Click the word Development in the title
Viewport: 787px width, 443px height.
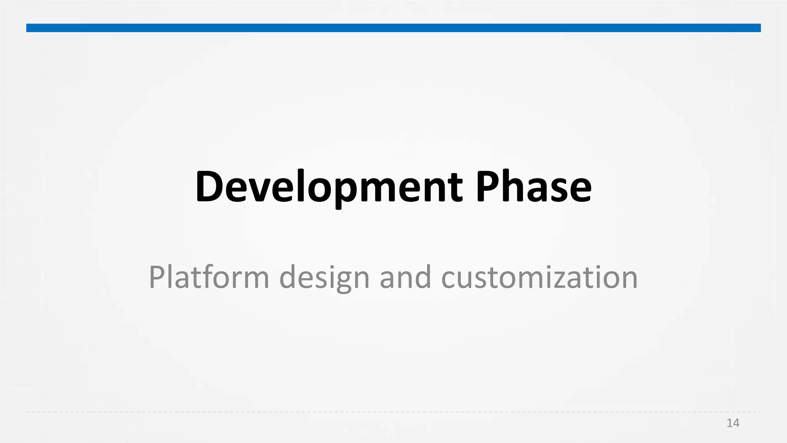(x=329, y=187)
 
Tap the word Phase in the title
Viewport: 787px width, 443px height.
(x=533, y=187)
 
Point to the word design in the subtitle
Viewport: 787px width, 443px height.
(x=324, y=278)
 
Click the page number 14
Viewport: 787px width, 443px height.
(x=733, y=423)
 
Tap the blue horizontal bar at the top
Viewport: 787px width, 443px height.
(x=393, y=28)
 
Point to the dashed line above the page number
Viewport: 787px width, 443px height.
(x=393, y=412)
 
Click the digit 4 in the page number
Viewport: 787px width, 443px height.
(x=736, y=423)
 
